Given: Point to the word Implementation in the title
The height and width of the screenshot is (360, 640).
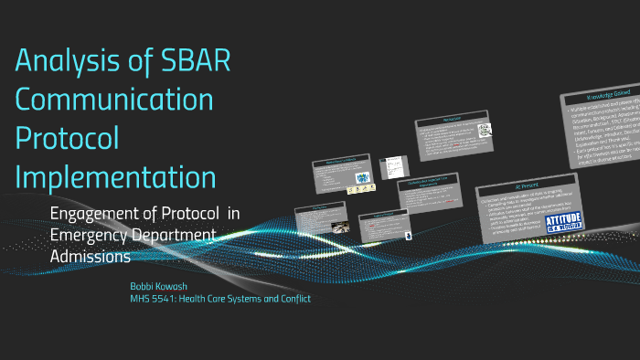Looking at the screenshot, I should [115, 175].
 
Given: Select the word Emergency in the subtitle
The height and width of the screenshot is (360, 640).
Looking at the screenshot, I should [90, 237].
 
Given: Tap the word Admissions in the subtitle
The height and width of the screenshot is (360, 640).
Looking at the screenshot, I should [91, 258].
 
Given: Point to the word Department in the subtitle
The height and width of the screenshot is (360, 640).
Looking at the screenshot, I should [173, 237].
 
